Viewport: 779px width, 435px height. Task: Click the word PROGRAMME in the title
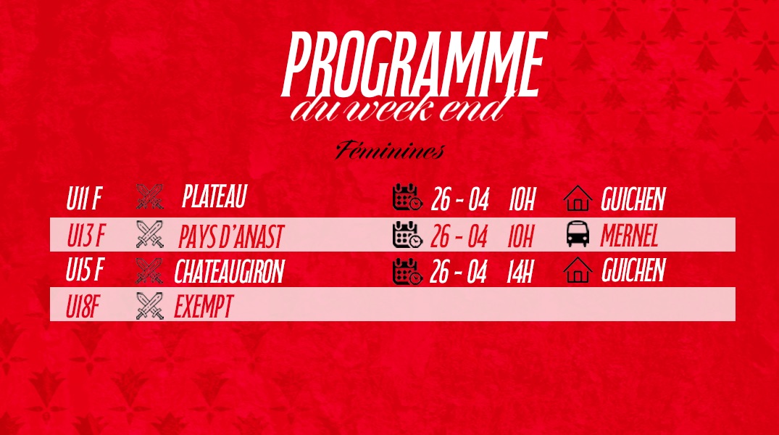(x=415, y=65)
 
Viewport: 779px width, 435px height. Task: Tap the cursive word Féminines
(x=390, y=150)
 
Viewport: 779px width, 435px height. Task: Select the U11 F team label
(x=84, y=199)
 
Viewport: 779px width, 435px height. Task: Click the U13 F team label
(x=86, y=235)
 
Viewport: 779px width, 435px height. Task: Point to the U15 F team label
(x=85, y=270)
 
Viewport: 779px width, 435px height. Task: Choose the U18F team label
(x=83, y=306)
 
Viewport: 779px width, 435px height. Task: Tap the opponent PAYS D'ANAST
(x=231, y=236)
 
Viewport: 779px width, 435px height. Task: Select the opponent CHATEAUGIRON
(x=229, y=271)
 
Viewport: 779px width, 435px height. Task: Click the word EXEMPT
(x=203, y=306)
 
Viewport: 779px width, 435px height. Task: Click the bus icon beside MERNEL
(x=578, y=234)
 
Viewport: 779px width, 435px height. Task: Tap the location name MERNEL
(x=629, y=236)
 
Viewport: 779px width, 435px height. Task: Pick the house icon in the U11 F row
(x=578, y=198)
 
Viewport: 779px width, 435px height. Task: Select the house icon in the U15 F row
(x=578, y=270)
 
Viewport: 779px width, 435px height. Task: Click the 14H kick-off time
(x=520, y=273)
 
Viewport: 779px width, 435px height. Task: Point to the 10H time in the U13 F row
(x=520, y=236)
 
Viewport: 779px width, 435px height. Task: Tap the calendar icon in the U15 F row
(x=407, y=271)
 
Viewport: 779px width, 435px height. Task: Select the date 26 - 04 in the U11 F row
(x=460, y=199)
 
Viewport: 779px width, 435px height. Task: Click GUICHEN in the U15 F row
(x=633, y=270)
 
